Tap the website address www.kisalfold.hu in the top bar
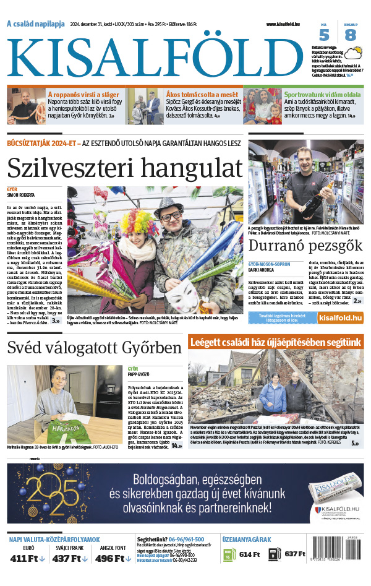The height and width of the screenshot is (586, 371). pyautogui.click(x=288, y=24)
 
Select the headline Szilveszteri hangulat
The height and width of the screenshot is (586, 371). pyautogui.click(x=124, y=167)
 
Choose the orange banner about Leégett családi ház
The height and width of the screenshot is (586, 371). pyautogui.click(x=276, y=342)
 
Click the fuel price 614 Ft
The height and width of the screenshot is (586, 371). pyautogui.click(x=249, y=554)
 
